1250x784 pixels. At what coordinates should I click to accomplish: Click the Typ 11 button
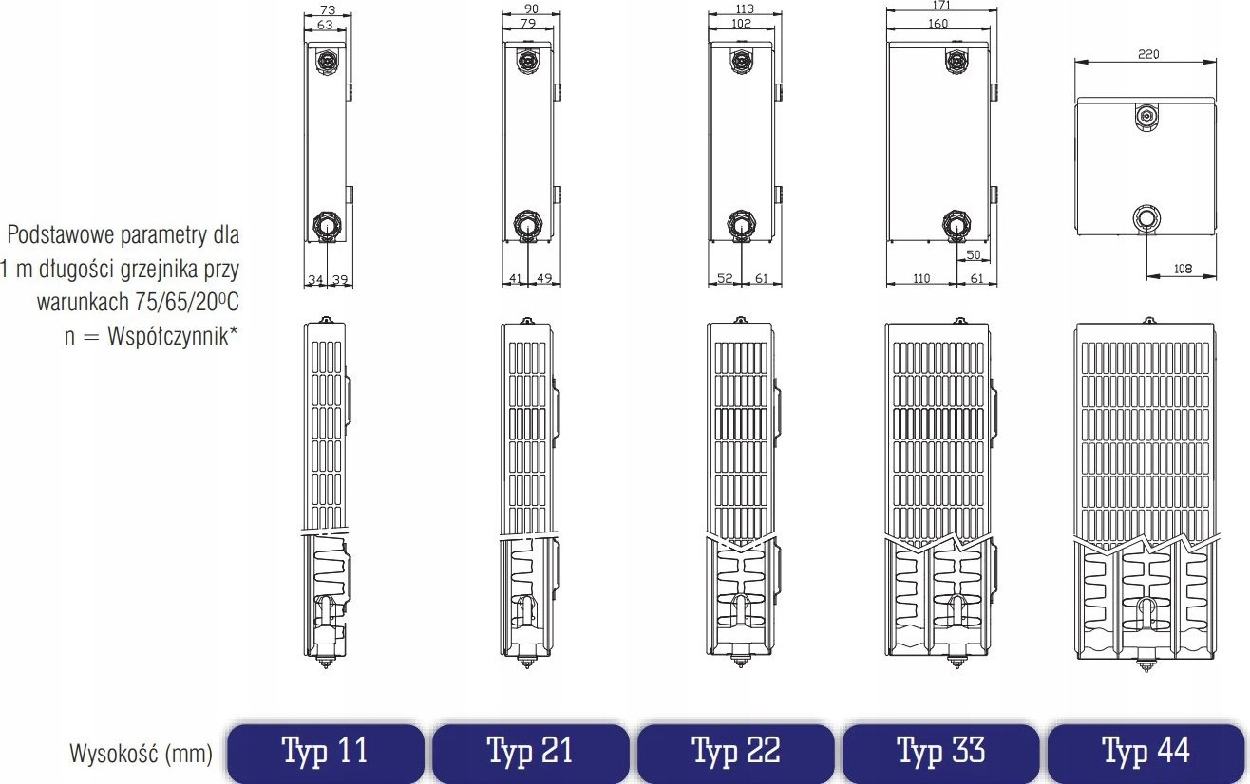tap(326, 753)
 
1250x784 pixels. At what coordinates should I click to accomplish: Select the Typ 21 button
tap(531, 753)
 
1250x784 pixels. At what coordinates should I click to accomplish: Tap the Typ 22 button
tap(736, 753)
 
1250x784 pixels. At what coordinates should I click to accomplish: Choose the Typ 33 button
tap(941, 753)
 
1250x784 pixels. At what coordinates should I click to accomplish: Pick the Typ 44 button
tap(1146, 753)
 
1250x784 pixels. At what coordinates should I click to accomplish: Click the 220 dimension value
tap(1148, 54)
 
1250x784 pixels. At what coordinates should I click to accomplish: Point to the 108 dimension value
tap(1183, 269)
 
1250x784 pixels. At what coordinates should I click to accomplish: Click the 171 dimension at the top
tap(941, 5)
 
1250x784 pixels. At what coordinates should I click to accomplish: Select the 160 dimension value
tap(938, 24)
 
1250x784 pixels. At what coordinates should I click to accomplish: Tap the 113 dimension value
tap(745, 9)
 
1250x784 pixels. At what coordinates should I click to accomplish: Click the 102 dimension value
tap(741, 24)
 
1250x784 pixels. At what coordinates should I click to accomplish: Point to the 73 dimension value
tap(328, 10)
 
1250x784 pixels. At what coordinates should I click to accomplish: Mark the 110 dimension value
tap(921, 278)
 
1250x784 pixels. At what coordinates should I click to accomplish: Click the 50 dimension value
tap(974, 254)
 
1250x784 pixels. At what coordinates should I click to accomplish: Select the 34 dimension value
tap(316, 279)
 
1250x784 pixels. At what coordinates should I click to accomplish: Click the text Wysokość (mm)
tap(142, 754)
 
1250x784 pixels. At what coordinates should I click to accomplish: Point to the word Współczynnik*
tap(173, 336)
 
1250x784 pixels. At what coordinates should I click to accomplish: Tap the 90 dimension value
tap(531, 9)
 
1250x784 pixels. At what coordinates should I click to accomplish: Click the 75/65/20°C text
tap(187, 302)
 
